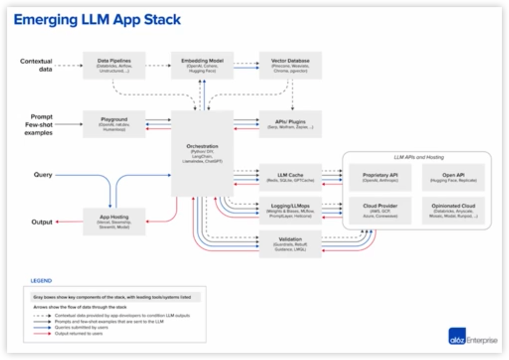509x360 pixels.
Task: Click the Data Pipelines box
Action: click(x=114, y=65)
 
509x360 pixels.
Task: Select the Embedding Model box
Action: click(x=202, y=65)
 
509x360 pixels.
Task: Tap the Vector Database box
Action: click(x=290, y=65)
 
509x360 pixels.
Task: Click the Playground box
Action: click(x=114, y=124)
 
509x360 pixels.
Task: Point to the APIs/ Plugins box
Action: click(x=290, y=124)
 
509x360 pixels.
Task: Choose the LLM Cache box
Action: click(x=290, y=177)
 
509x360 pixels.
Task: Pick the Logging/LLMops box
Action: click(x=290, y=211)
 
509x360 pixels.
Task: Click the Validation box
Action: click(x=290, y=244)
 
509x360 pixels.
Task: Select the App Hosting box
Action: click(x=114, y=222)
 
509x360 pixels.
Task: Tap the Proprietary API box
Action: click(x=380, y=177)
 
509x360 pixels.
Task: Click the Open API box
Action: click(x=453, y=177)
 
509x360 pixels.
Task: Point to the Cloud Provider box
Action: click(x=380, y=211)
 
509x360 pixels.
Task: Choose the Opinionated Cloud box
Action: click(x=453, y=211)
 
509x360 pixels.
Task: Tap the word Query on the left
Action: click(x=43, y=175)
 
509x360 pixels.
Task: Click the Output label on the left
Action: click(x=42, y=222)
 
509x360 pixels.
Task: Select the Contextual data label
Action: click(x=36, y=65)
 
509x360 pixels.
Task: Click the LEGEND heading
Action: click(x=41, y=281)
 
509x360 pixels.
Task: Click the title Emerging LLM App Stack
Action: click(x=97, y=20)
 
